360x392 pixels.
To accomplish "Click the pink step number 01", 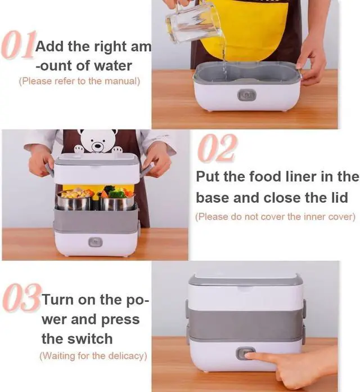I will tap(18, 46).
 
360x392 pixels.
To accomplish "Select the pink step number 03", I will tap(21, 299).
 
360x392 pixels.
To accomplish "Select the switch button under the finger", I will tap(244, 353).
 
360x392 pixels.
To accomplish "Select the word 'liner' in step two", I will tap(300, 177).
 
